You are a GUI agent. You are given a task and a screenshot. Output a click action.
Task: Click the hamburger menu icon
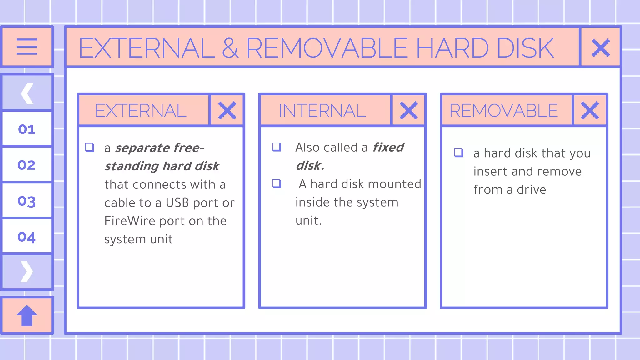tap(27, 47)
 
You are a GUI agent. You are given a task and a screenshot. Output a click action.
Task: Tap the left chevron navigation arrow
tap(27, 93)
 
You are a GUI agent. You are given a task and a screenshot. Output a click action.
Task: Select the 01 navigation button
tap(27, 129)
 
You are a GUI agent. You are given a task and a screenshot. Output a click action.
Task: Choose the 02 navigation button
tap(27, 165)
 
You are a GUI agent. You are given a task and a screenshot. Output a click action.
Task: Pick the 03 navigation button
tap(27, 201)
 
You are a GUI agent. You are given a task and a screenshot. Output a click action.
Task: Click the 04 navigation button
tap(27, 237)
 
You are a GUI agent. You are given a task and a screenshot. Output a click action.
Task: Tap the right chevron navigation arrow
tap(27, 272)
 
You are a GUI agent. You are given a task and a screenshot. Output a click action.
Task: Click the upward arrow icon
tap(27, 315)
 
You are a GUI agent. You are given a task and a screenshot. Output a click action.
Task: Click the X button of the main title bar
tap(601, 48)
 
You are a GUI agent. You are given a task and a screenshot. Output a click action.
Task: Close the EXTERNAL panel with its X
tap(227, 110)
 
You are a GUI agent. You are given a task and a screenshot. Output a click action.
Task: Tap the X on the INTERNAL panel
tap(408, 110)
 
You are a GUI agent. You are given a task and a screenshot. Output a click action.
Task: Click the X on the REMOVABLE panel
tap(590, 110)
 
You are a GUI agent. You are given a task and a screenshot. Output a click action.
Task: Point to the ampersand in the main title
tap(231, 48)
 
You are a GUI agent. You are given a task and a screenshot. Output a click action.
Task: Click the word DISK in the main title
tap(525, 48)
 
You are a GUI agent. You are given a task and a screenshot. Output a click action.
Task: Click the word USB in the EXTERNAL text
tap(177, 203)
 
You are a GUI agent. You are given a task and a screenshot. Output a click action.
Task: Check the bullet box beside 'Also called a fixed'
tap(277, 147)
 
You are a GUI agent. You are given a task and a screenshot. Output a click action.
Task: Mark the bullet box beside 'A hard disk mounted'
tap(277, 183)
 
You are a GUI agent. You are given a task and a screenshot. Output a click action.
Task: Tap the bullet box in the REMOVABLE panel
tap(458, 152)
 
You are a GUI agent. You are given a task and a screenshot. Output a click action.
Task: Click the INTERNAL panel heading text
tap(322, 111)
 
